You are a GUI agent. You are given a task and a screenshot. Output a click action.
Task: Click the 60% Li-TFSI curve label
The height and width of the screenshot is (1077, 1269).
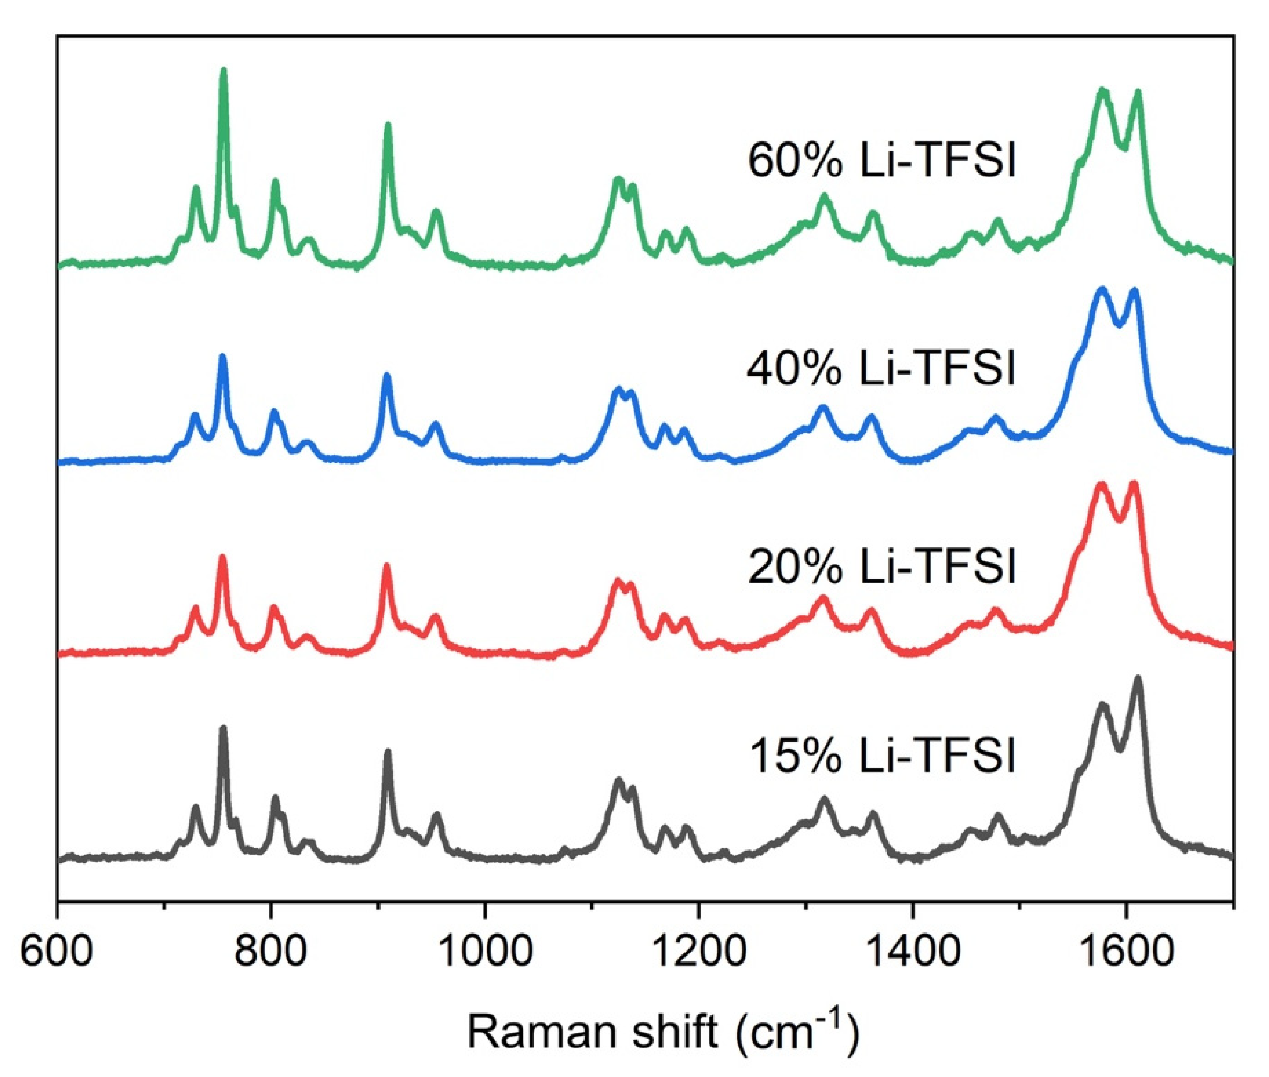click(881, 162)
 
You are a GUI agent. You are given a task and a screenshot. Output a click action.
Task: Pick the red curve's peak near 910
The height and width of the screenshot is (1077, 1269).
click(386, 567)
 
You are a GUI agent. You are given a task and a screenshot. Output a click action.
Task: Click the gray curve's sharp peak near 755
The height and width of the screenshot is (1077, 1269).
click(223, 729)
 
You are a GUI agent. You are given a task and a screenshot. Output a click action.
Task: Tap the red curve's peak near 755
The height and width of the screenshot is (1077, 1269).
click(222, 557)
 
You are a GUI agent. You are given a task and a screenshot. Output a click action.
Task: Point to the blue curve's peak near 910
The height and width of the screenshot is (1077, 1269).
click(386, 376)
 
